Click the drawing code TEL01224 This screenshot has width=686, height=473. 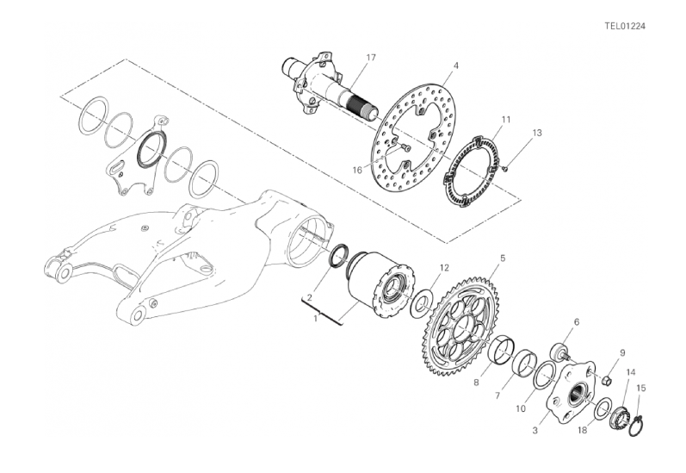pos(625,26)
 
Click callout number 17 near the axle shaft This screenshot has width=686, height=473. pos(371,58)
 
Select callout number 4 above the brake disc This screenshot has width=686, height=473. pos(456,65)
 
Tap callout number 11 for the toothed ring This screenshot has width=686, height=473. pos(506,119)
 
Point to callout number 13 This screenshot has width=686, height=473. pos(537,133)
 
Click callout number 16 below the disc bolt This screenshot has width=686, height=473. pos(357,170)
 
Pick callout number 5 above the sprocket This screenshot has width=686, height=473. pos(503,258)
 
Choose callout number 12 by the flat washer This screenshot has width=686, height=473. pos(444,268)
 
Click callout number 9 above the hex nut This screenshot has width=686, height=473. pos(622,340)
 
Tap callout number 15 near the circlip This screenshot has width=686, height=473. pos(640,388)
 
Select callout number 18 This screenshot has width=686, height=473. pos(583,431)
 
